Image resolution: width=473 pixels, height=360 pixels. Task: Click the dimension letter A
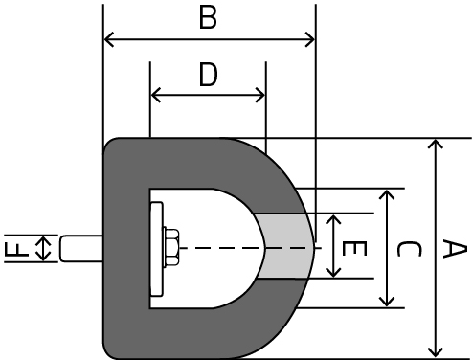tap(455, 250)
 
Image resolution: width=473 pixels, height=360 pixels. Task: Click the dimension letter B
tap(208, 17)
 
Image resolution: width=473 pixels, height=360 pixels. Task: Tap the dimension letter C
tap(409, 249)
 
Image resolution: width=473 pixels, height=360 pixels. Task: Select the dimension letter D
tap(208, 75)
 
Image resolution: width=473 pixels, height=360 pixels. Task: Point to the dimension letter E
tap(354, 248)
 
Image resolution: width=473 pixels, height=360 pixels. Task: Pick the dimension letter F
tap(16, 250)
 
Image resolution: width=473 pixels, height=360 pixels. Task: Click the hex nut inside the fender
tap(170, 247)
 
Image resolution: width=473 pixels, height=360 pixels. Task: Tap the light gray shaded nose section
tap(284, 246)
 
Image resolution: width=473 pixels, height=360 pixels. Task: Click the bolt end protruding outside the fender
tap(81, 249)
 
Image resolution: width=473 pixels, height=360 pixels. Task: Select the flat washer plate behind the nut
tap(156, 249)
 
